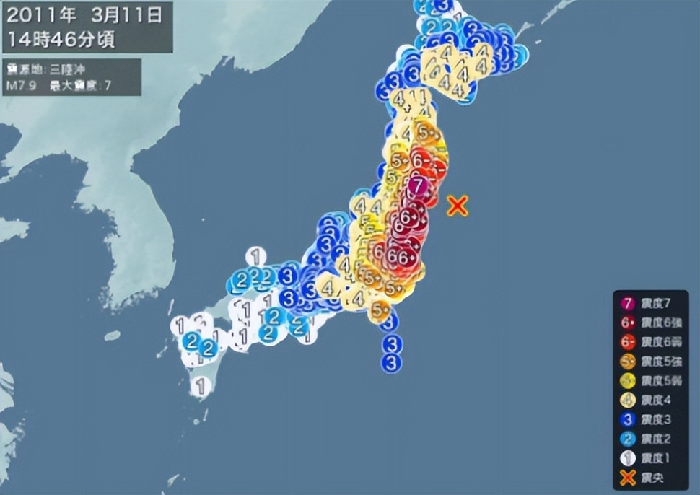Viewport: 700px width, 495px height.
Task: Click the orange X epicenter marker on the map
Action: (x=457, y=206)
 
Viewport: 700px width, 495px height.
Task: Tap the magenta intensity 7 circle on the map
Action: (x=417, y=186)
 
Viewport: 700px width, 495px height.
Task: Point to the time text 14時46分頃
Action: (x=61, y=38)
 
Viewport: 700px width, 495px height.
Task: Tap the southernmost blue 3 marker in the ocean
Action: (x=391, y=363)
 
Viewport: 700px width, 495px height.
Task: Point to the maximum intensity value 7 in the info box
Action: (x=108, y=86)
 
